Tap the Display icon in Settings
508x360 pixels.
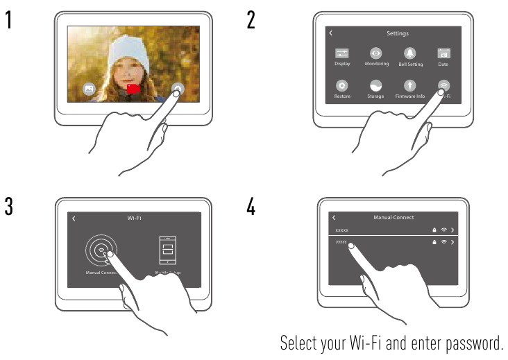point(342,53)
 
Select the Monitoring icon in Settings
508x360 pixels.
point(376,53)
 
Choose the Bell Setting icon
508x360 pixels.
point(410,53)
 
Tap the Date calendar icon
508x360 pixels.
point(443,53)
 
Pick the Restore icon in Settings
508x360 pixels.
point(342,86)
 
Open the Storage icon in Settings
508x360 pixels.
point(376,86)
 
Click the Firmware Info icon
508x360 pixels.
point(410,86)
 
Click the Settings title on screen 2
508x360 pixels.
point(398,33)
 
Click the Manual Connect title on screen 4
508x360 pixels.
point(393,218)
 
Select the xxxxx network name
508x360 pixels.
point(342,230)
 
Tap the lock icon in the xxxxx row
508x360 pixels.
point(434,230)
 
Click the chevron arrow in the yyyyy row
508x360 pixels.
point(452,242)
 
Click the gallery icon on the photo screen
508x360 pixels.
point(89,89)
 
